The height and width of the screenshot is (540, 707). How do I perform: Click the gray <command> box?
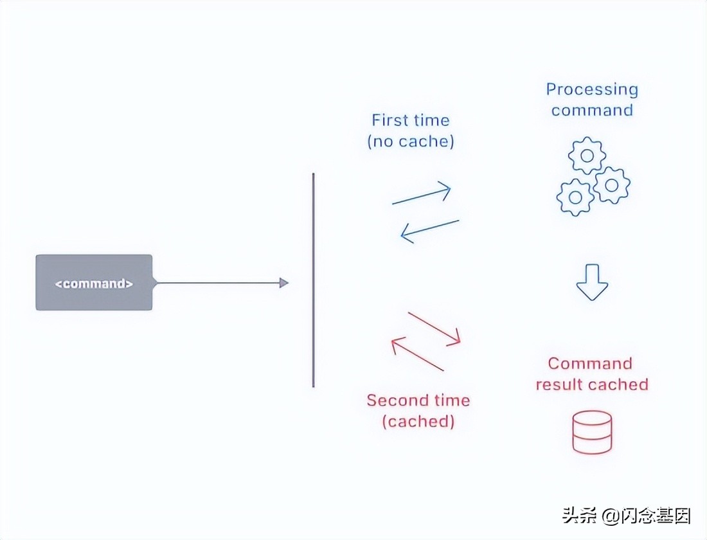click(x=94, y=283)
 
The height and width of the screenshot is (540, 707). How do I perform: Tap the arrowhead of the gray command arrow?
click(x=284, y=283)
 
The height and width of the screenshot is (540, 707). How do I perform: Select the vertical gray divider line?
click(x=314, y=280)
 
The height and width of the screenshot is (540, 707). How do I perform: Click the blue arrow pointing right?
click(x=422, y=194)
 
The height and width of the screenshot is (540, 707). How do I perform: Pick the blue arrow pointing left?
click(x=429, y=231)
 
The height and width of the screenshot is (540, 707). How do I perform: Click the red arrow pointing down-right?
click(x=434, y=328)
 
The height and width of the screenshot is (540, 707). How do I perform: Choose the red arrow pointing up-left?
click(x=417, y=355)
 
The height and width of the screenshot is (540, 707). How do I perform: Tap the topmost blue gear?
click(x=587, y=155)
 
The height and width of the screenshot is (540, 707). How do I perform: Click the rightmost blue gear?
click(x=611, y=185)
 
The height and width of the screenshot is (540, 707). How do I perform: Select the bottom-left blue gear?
click(x=575, y=197)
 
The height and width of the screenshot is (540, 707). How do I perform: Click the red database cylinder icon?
click(x=592, y=432)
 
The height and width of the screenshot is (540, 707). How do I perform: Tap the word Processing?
click(x=592, y=89)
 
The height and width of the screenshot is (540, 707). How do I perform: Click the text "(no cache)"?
click(x=411, y=141)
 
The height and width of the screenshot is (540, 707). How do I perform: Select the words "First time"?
click(x=411, y=120)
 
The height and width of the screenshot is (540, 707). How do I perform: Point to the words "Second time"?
click(x=418, y=401)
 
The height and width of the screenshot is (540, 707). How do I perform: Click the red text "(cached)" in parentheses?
click(x=418, y=422)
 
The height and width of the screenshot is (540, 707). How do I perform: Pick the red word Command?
click(x=590, y=364)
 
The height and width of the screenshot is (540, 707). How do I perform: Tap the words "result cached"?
click(x=592, y=384)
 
